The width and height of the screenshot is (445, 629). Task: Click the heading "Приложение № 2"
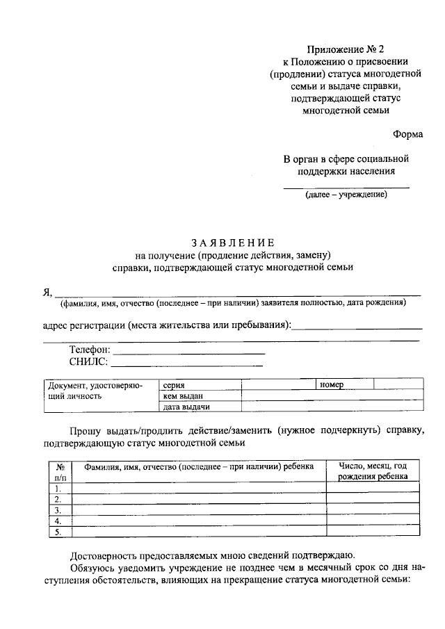(x=344, y=50)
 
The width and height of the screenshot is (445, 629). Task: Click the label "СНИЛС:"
(x=88, y=362)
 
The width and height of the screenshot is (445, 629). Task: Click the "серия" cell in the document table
(x=174, y=384)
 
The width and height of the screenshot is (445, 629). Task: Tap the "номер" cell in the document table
(x=332, y=384)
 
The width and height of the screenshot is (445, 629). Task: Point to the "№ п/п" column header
(x=60, y=471)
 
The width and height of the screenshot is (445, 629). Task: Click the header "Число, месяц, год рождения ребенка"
(x=373, y=471)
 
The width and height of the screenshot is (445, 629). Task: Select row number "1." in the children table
(x=58, y=488)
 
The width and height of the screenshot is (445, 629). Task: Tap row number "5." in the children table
(x=58, y=532)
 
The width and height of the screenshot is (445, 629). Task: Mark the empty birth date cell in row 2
(x=373, y=499)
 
